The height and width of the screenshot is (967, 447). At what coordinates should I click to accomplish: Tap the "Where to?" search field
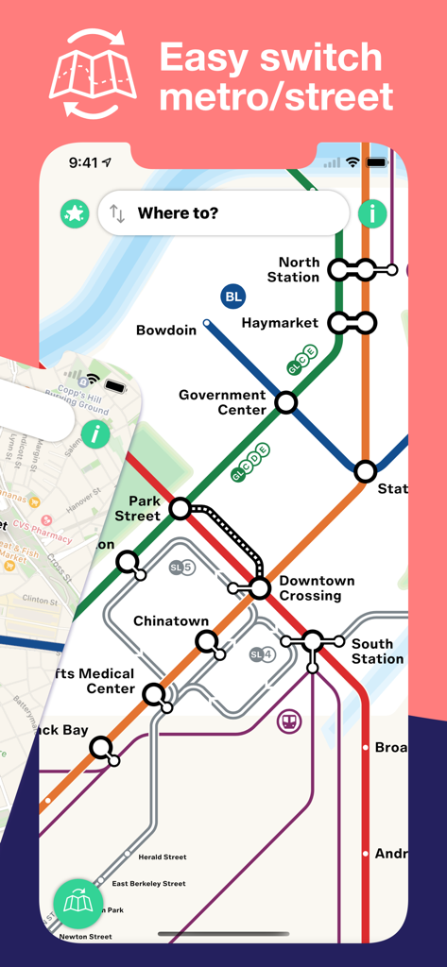coord(227,212)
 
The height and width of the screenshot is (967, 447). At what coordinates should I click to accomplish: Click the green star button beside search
coord(74,213)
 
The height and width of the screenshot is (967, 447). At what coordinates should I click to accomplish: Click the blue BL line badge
coord(233,297)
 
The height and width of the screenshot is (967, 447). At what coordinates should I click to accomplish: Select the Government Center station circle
coord(285,403)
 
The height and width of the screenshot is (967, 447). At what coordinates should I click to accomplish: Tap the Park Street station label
coord(138,508)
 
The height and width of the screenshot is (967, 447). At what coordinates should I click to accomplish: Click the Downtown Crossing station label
coord(317,588)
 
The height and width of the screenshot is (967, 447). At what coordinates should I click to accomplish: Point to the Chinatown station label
coord(171,621)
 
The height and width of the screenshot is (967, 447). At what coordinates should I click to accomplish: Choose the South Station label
coord(377,652)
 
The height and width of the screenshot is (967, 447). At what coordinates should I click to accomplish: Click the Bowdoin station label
coord(166,331)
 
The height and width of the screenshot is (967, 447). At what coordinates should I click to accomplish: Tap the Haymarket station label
coord(280,323)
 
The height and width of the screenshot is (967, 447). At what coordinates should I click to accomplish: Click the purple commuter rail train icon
coord(289,722)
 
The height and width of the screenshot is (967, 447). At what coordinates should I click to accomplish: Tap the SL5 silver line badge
coord(181,568)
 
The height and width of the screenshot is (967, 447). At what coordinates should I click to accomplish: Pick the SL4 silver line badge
coord(262,654)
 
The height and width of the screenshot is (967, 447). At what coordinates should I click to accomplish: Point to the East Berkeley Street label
coord(149,884)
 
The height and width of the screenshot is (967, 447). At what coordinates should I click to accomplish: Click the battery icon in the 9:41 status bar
coord(377,162)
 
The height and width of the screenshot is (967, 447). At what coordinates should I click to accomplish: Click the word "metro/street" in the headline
coord(276,96)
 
